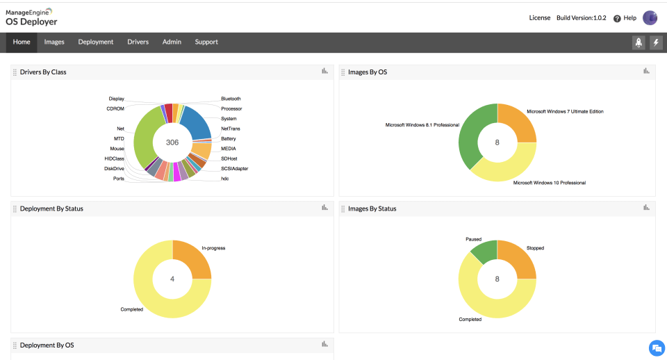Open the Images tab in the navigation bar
pos(54,42)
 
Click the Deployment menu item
pos(96,42)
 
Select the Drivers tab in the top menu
pos(138,42)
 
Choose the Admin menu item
pos(172,42)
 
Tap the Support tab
pos(206,42)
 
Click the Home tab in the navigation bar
pos(22,42)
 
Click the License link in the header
pos(539,18)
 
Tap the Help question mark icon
pos(617,19)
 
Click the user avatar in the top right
pos(650,18)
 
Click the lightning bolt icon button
pos(656,43)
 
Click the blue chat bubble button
pos(656,348)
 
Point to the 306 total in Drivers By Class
pos(172,142)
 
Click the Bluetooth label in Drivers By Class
pos(231,99)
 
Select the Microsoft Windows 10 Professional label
pos(549,183)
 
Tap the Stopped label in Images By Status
pos(535,248)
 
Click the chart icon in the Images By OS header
pos(646,71)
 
